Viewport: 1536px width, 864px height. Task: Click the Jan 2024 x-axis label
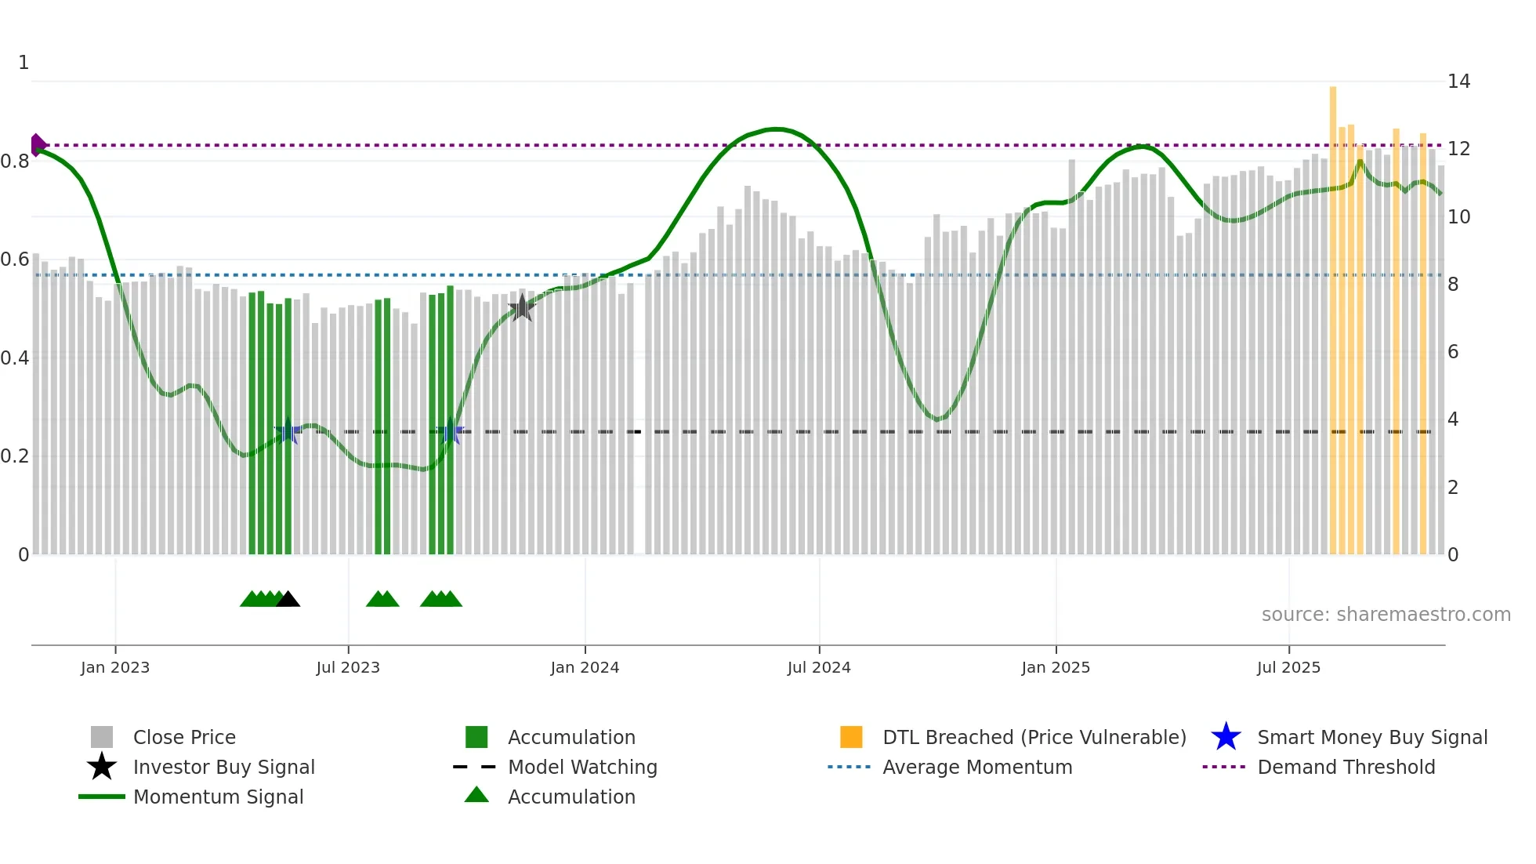(585, 667)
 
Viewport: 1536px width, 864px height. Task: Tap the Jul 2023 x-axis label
(348, 667)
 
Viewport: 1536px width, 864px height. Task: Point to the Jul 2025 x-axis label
(1288, 667)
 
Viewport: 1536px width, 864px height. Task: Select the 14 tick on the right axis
(1458, 82)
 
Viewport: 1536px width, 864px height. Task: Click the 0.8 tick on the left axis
(16, 162)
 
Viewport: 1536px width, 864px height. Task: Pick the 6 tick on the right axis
(1453, 352)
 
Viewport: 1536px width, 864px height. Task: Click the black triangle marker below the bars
(288, 599)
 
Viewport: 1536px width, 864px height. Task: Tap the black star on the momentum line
(522, 308)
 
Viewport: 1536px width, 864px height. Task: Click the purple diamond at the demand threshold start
(37, 145)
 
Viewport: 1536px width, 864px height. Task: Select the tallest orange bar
(1333, 314)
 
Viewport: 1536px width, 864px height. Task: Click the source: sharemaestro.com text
(1386, 615)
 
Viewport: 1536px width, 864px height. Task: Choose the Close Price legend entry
(184, 737)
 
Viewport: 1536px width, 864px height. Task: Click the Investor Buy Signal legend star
(102, 767)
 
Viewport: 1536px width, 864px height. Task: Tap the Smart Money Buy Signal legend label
(1372, 737)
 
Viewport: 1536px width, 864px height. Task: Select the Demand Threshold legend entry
(1346, 767)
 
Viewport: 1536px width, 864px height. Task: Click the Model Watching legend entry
(582, 767)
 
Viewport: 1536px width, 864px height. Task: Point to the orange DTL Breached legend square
(851, 737)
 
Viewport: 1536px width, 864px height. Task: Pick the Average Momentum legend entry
(976, 767)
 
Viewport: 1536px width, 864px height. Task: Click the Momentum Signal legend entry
(218, 797)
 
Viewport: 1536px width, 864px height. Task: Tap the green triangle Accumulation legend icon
(476, 795)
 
